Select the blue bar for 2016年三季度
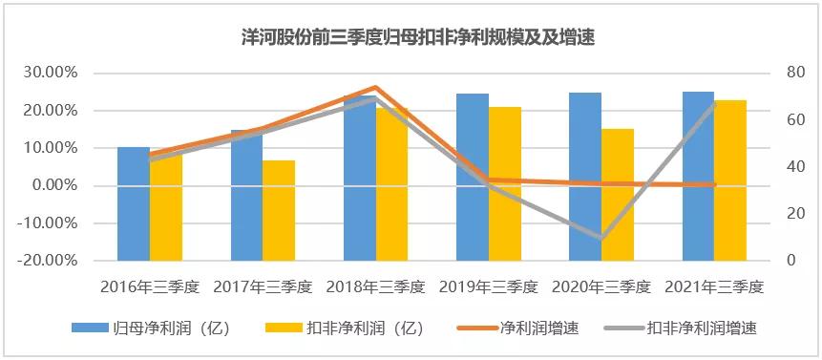[x=133, y=203]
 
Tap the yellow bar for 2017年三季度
[x=279, y=210]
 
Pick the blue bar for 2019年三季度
[x=472, y=177]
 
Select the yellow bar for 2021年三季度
[x=730, y=180]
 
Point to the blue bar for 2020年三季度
[x=585, y=177]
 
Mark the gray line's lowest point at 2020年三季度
[x=601, y=238]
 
